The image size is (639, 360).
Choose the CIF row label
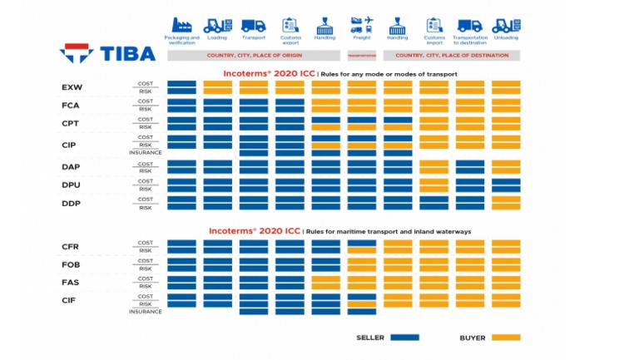[71, 300]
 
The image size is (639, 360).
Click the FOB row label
[71, 264]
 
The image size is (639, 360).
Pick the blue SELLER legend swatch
[404, 338]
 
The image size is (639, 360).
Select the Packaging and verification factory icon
[181, 24]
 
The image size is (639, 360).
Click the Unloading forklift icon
[506, 24]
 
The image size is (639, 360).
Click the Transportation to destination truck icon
[470, 24]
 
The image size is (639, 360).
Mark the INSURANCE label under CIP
[145, 152]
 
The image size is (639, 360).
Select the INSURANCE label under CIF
[145, 312]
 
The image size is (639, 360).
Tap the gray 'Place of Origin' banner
[254, 56]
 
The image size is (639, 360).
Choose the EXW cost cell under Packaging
[181, 83]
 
